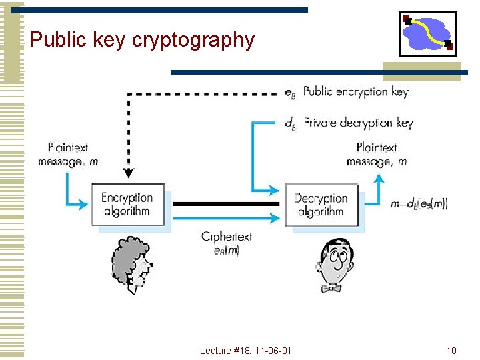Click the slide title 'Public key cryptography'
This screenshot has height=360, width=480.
point(142,40)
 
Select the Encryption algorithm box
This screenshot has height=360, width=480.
point(127,204)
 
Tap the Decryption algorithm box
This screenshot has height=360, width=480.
point(321,205)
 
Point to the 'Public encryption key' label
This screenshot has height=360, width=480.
point(355,92)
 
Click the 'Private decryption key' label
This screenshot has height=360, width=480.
point(358,123)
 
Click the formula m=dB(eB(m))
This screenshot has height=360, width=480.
point(419,204)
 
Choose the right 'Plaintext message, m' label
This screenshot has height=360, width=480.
point(377,155)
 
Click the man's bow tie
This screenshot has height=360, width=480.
point(331,289)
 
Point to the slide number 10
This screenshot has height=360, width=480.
point(451,351)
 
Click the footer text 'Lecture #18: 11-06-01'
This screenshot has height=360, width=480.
point(245,351)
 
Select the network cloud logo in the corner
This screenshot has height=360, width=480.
point(428,34)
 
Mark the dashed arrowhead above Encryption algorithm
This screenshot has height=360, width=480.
point(129,173)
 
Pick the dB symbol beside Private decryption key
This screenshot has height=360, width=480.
point(290,124)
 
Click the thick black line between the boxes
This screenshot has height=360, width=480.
point(227,204)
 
